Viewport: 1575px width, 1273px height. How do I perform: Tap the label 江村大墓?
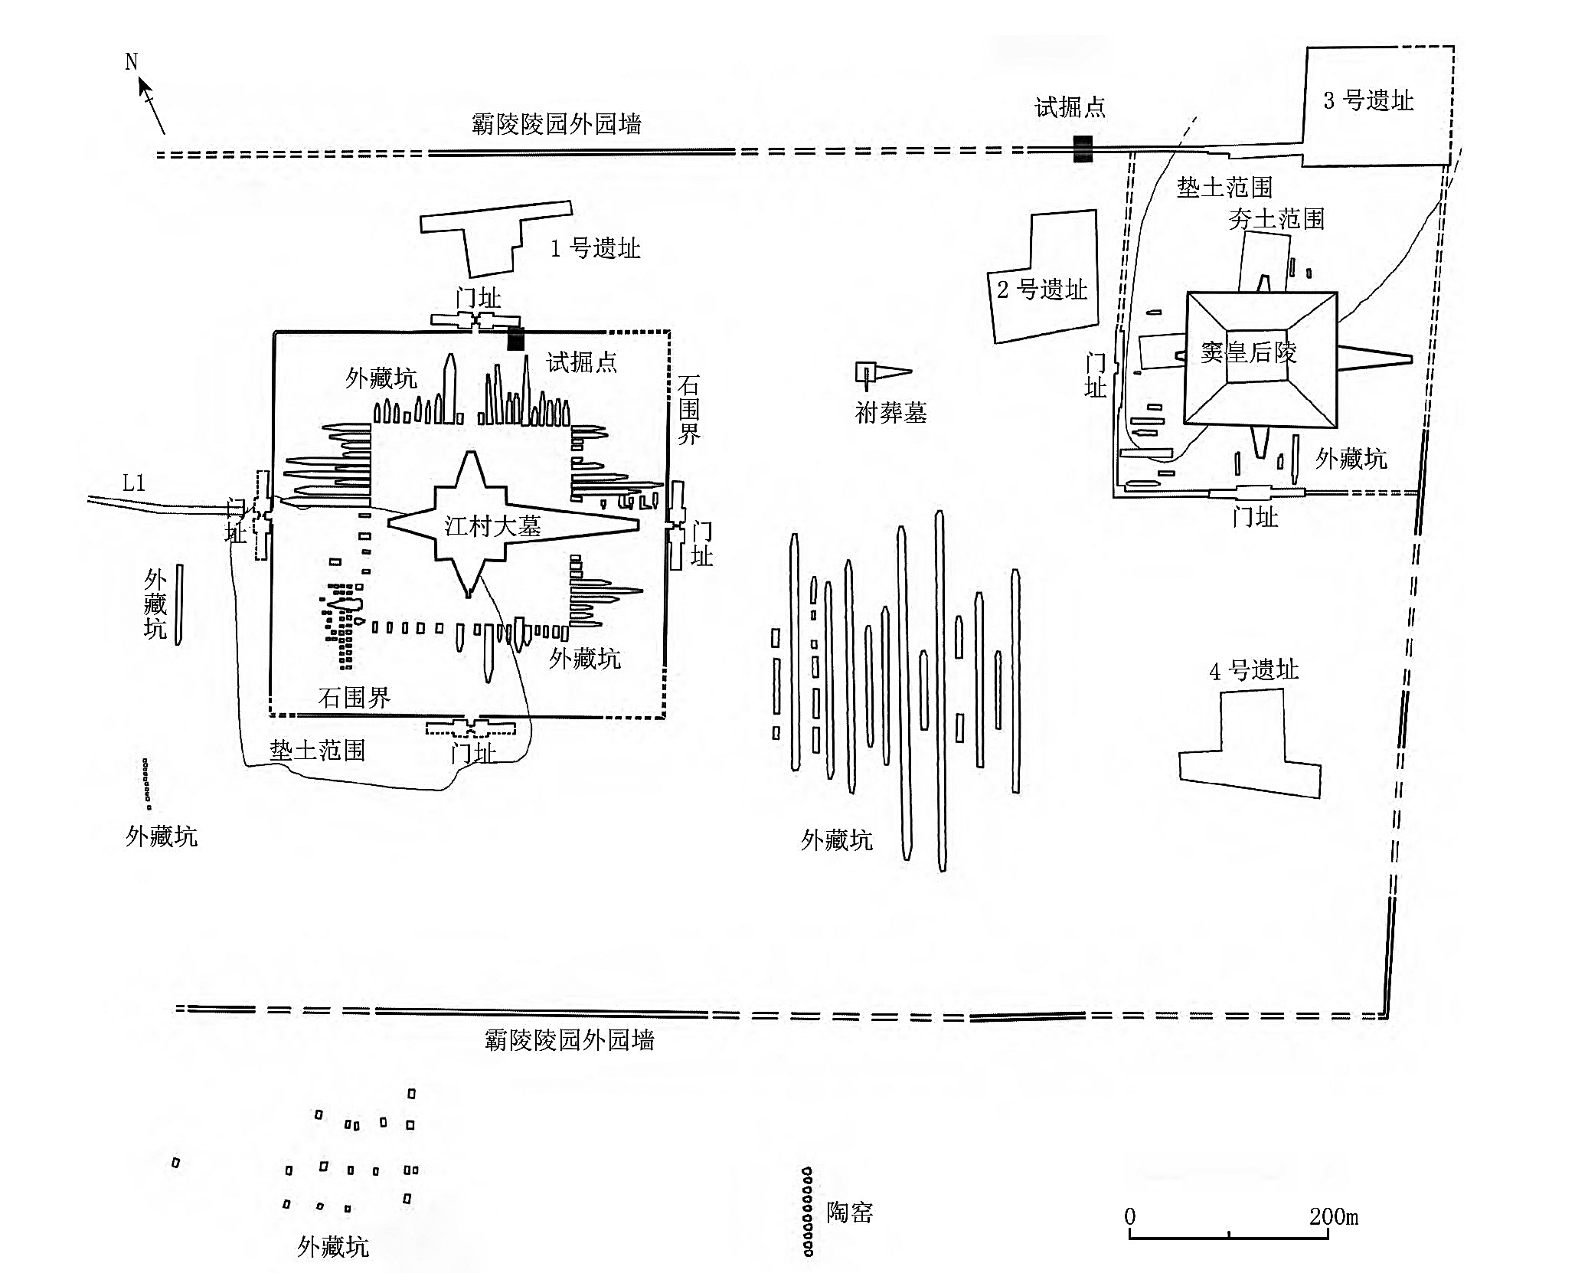click(x=492, y=526)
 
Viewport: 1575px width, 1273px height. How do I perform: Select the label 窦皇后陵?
click(x=1248, y=352)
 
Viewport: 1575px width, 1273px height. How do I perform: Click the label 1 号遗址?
click(x=595, y=248)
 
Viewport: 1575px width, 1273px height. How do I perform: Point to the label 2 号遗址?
click(x=1041, y=290)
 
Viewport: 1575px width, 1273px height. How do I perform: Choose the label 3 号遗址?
click(x=1368, y=100)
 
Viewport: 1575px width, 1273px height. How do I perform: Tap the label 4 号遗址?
click(x=1253, y=670)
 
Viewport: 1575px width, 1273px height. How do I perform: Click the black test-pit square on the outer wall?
click(x=1082, y=149)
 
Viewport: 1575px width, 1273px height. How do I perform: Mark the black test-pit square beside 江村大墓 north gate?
click(x=515, y=339)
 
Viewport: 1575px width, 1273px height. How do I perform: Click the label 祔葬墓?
click(x=890, y=413)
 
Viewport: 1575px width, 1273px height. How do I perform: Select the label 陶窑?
click(x=849, y=1212)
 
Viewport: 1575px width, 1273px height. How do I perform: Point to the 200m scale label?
click(x=1333, y=1216)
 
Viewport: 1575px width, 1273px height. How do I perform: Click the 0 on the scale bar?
click(x=1130, y=1216)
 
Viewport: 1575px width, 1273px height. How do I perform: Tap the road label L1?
click(x=134, y=483)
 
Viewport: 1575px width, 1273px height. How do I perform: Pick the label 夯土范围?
click(x=1276, y=219)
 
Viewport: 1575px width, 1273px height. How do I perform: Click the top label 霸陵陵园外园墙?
click(x=556, y=123)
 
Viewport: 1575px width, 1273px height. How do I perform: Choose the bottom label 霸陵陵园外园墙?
click(x=569, y=1039)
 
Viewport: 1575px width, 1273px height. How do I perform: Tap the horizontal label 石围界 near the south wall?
click(x=354, y=697)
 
